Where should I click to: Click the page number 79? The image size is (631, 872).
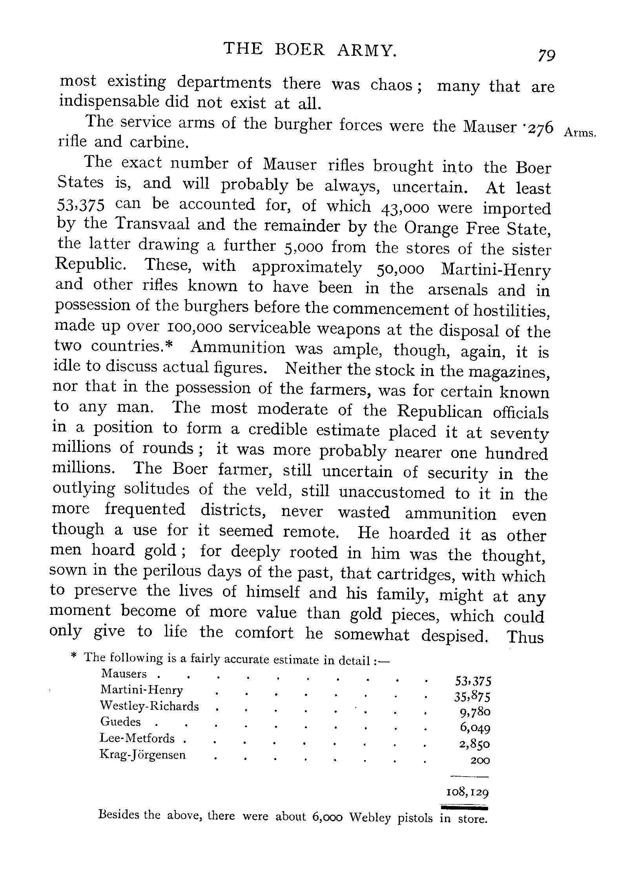(x=547, y=55)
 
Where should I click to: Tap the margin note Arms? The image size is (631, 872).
(x=580, y=133)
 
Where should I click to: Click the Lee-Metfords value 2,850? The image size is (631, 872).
(x=475, y=744)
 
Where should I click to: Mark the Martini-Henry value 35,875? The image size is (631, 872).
(x=472, y=697)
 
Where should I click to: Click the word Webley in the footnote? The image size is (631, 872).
(x=370, y=818)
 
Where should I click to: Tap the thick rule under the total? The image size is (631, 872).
(x=464, y=807)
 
